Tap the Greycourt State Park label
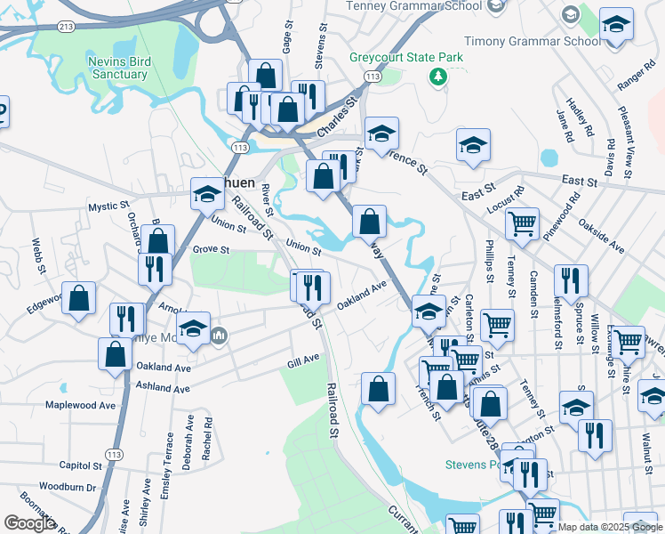click(406, 57)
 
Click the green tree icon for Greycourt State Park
click(437, 77)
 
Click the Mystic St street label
click(108, 206)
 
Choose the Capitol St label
click(83, 465)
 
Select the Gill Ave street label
click(303, 360)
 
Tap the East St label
click(478, 193)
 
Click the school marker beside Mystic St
click(207, 193)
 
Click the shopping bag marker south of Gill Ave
click(378, 388)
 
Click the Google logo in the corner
click(29, 524)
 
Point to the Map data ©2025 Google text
click(610, 527)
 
